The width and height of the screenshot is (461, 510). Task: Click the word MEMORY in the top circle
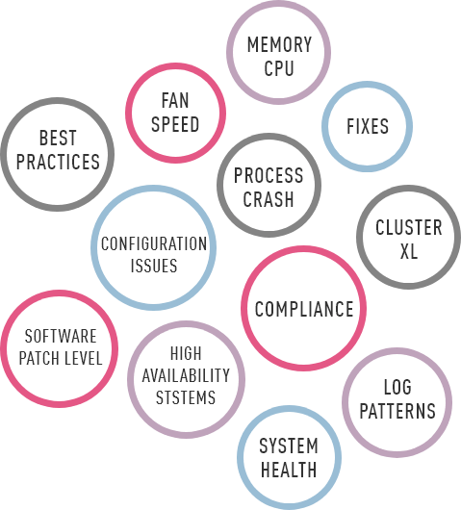pos(279,44)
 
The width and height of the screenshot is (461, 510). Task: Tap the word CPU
pos(279,68)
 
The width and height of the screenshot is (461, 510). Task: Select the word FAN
pos(175,100)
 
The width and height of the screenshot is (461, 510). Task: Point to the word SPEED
pos(175,124)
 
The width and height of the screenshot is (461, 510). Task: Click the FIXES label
pos(368,126)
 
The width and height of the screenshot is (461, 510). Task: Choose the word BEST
pos(58,138)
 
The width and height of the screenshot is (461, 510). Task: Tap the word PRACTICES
pos(58,162)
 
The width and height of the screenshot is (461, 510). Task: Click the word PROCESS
pos(269,175)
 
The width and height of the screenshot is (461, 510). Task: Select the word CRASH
pos(269,199)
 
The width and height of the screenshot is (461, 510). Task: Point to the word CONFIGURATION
pos(154,243)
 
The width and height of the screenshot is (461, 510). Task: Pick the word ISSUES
pos(154,266)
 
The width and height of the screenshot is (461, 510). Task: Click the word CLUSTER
pos(409,227)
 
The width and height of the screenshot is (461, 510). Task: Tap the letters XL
pos(409,251)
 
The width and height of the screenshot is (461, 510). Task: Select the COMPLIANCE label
pos(304,309)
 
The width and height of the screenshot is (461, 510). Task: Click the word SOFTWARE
pos(61,336)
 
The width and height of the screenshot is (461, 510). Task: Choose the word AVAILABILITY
pos(186,375)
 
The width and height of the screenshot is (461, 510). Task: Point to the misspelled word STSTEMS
pos(186,397)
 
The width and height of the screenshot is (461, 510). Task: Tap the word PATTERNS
pos(397,411)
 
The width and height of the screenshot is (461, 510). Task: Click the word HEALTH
pos(289,470)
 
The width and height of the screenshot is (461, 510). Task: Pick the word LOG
pos(397,387)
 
